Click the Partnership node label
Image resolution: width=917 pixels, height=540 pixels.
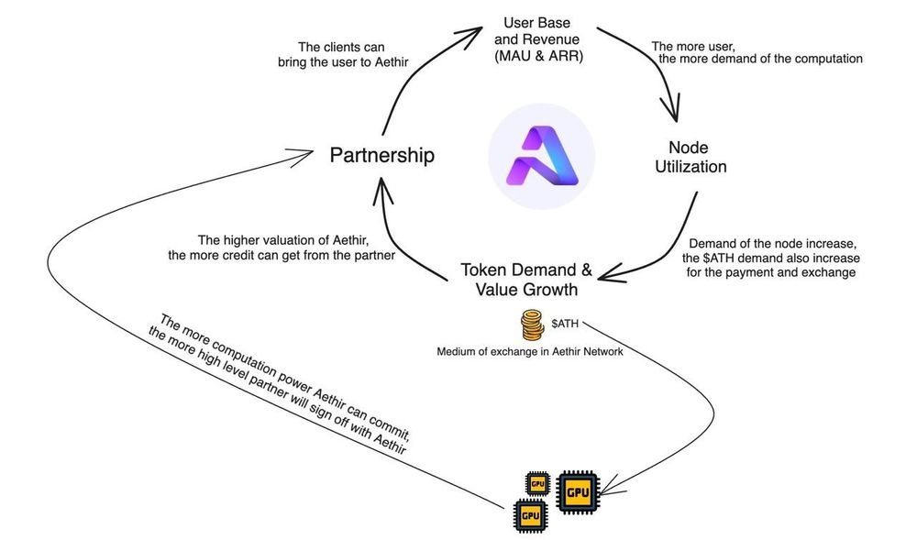pos(381,155)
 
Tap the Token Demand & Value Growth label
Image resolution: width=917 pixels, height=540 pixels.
pos(525,281)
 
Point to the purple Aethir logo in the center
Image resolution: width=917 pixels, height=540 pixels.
pos(541,155)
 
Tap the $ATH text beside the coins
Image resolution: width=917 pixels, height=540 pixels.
pos(568,325)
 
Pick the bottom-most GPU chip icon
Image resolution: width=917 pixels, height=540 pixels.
pos(531,514)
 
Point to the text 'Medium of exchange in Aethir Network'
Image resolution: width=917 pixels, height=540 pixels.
pos(530,351)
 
